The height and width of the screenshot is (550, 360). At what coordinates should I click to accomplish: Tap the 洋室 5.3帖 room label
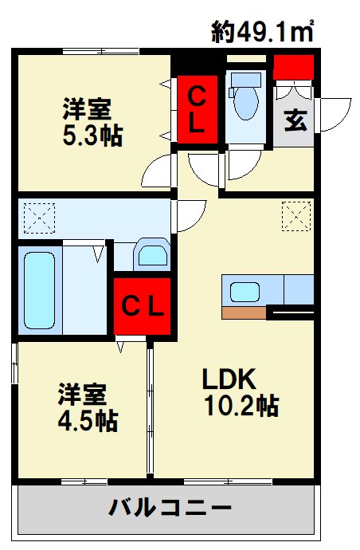coord(92,122)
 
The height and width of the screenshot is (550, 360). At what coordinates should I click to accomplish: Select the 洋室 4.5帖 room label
coord(87,407)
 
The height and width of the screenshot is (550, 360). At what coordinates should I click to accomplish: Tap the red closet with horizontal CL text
coord(142,305)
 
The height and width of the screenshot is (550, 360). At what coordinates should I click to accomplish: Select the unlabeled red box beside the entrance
coord(293,68)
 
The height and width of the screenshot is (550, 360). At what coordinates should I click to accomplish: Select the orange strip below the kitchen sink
coord(243,312)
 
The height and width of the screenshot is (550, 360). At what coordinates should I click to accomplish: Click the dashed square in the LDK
coord(295,216)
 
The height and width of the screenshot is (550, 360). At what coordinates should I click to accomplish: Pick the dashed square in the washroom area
coord(36,216)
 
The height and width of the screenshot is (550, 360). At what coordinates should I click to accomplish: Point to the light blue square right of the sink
coord(298,289)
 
